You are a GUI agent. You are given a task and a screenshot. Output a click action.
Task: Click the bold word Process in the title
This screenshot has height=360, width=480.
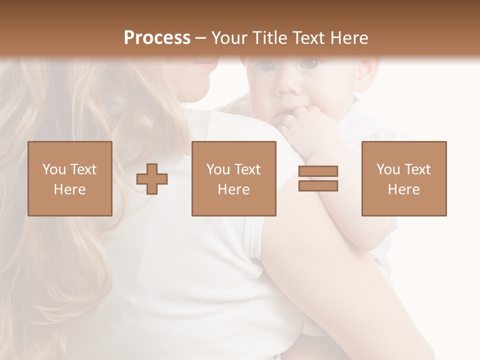[x=157, y=37]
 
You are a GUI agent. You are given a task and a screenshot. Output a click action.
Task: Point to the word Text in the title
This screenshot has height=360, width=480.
[x=308, y=38]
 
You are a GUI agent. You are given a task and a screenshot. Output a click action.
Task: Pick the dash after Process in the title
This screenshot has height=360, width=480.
[x=201, y=38]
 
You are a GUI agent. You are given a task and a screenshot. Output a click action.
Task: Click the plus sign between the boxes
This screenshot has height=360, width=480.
[x=152, y=179]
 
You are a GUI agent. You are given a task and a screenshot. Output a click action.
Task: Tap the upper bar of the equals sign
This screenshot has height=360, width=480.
[x=318, y=171]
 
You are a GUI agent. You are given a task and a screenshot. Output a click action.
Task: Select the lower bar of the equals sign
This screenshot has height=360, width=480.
[x=318, y=186]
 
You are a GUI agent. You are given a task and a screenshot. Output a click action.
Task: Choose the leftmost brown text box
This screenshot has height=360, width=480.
[x=70, y=178]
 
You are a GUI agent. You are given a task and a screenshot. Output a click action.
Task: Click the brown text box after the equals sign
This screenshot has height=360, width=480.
[x=404, y=178]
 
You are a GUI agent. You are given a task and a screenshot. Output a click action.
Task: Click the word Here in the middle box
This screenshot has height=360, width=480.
[x=233, y=189]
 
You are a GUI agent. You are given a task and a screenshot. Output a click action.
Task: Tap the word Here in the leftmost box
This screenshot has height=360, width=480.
[x=69, y=189]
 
